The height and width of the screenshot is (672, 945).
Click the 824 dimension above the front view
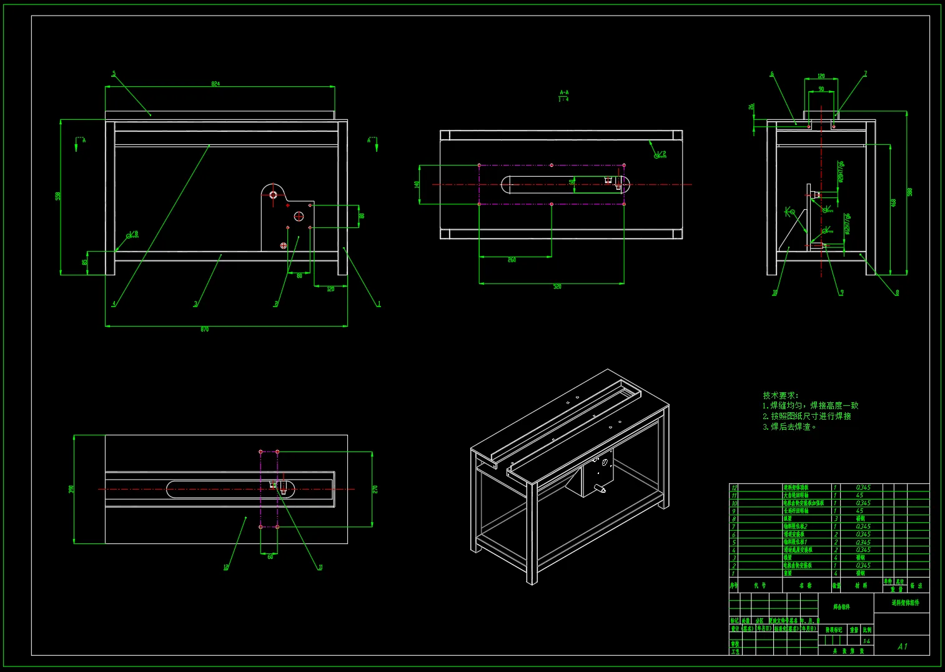(x=215, y=84)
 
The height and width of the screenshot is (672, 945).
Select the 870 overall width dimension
(x=205, y=330)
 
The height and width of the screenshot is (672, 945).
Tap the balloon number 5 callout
(x=114, y=74)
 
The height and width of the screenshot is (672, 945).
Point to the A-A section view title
(x=564, y=92)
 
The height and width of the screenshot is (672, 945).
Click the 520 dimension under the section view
(x=557, y=287)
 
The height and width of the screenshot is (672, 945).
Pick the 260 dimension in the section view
(x=512, y=260)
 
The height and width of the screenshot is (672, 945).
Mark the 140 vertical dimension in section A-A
(x=417, y=184)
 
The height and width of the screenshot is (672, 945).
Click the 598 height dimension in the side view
(x=910, y=192)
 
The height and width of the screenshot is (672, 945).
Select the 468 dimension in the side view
(x=894, y=203)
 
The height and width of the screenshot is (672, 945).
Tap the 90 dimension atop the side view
(x=821, y=89)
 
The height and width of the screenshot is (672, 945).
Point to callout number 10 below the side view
(x=775, y=292)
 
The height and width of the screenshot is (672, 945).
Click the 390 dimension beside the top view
(x=71, y=489)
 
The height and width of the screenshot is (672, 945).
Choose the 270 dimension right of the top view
(x=375, y=489)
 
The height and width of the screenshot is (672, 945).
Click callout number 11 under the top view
(x=320, y=567)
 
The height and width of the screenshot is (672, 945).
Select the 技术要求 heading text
(x=780, y=395)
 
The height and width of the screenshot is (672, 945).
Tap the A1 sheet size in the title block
(x=902, y=646)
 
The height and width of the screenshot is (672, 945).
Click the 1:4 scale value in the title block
(x=866, y=641)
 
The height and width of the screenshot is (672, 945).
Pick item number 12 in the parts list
(x=735, y=488)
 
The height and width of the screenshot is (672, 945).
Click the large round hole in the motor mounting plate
(x=299, y=217)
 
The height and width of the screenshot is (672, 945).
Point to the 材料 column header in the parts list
(x=861, y=585)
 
